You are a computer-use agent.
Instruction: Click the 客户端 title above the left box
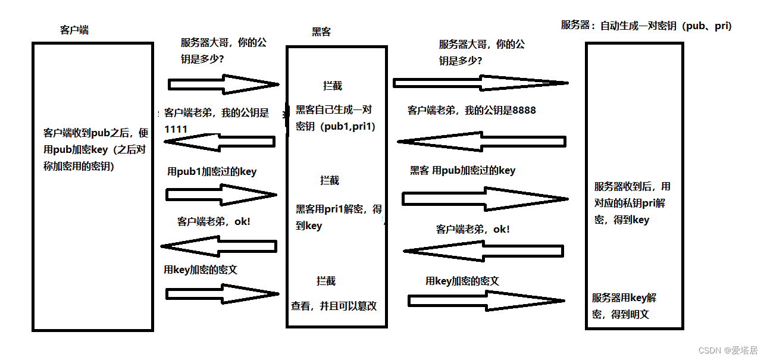(74, 30)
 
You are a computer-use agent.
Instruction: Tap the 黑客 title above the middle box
(321, 32)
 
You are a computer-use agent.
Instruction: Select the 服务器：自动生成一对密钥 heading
(646, 26)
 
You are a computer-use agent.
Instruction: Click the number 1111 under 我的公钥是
(176, 129)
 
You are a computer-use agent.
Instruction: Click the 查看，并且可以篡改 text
(334, 306)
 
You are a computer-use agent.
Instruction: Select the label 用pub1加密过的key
(212, 171)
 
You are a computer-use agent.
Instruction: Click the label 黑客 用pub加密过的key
(462, 170)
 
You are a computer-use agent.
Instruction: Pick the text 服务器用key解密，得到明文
(624, 306)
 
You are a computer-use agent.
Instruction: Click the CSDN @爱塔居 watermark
(728, 350)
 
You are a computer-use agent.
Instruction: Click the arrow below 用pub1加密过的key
(221, 195)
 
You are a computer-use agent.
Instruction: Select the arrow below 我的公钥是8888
(481, 142)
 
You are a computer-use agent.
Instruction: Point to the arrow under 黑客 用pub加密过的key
(485, 198)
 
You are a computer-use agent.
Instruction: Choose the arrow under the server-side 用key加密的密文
(486, 301)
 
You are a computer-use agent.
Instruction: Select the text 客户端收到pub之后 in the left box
(96, 132)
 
